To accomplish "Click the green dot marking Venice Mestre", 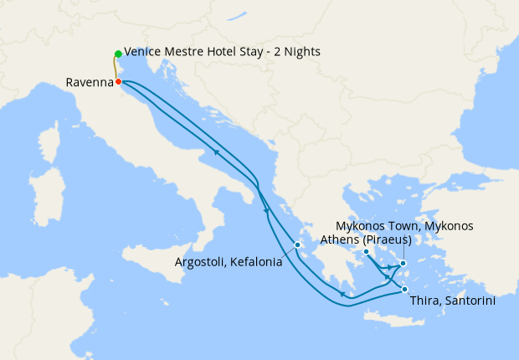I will pos(118,54).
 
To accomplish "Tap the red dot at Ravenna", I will pos(119,81).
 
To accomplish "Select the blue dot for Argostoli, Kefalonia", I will pos(297,245).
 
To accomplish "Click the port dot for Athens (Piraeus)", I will pos(367,251).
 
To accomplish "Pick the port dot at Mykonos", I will pos(403,264).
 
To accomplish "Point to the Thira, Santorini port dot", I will pos(405,290).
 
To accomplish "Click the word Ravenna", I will pos(89,83).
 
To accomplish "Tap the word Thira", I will pos(425,299).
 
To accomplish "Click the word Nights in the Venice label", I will pos(301,52).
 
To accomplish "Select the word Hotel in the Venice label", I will pos(214,52).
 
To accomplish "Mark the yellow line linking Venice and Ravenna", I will pos(116,68).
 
